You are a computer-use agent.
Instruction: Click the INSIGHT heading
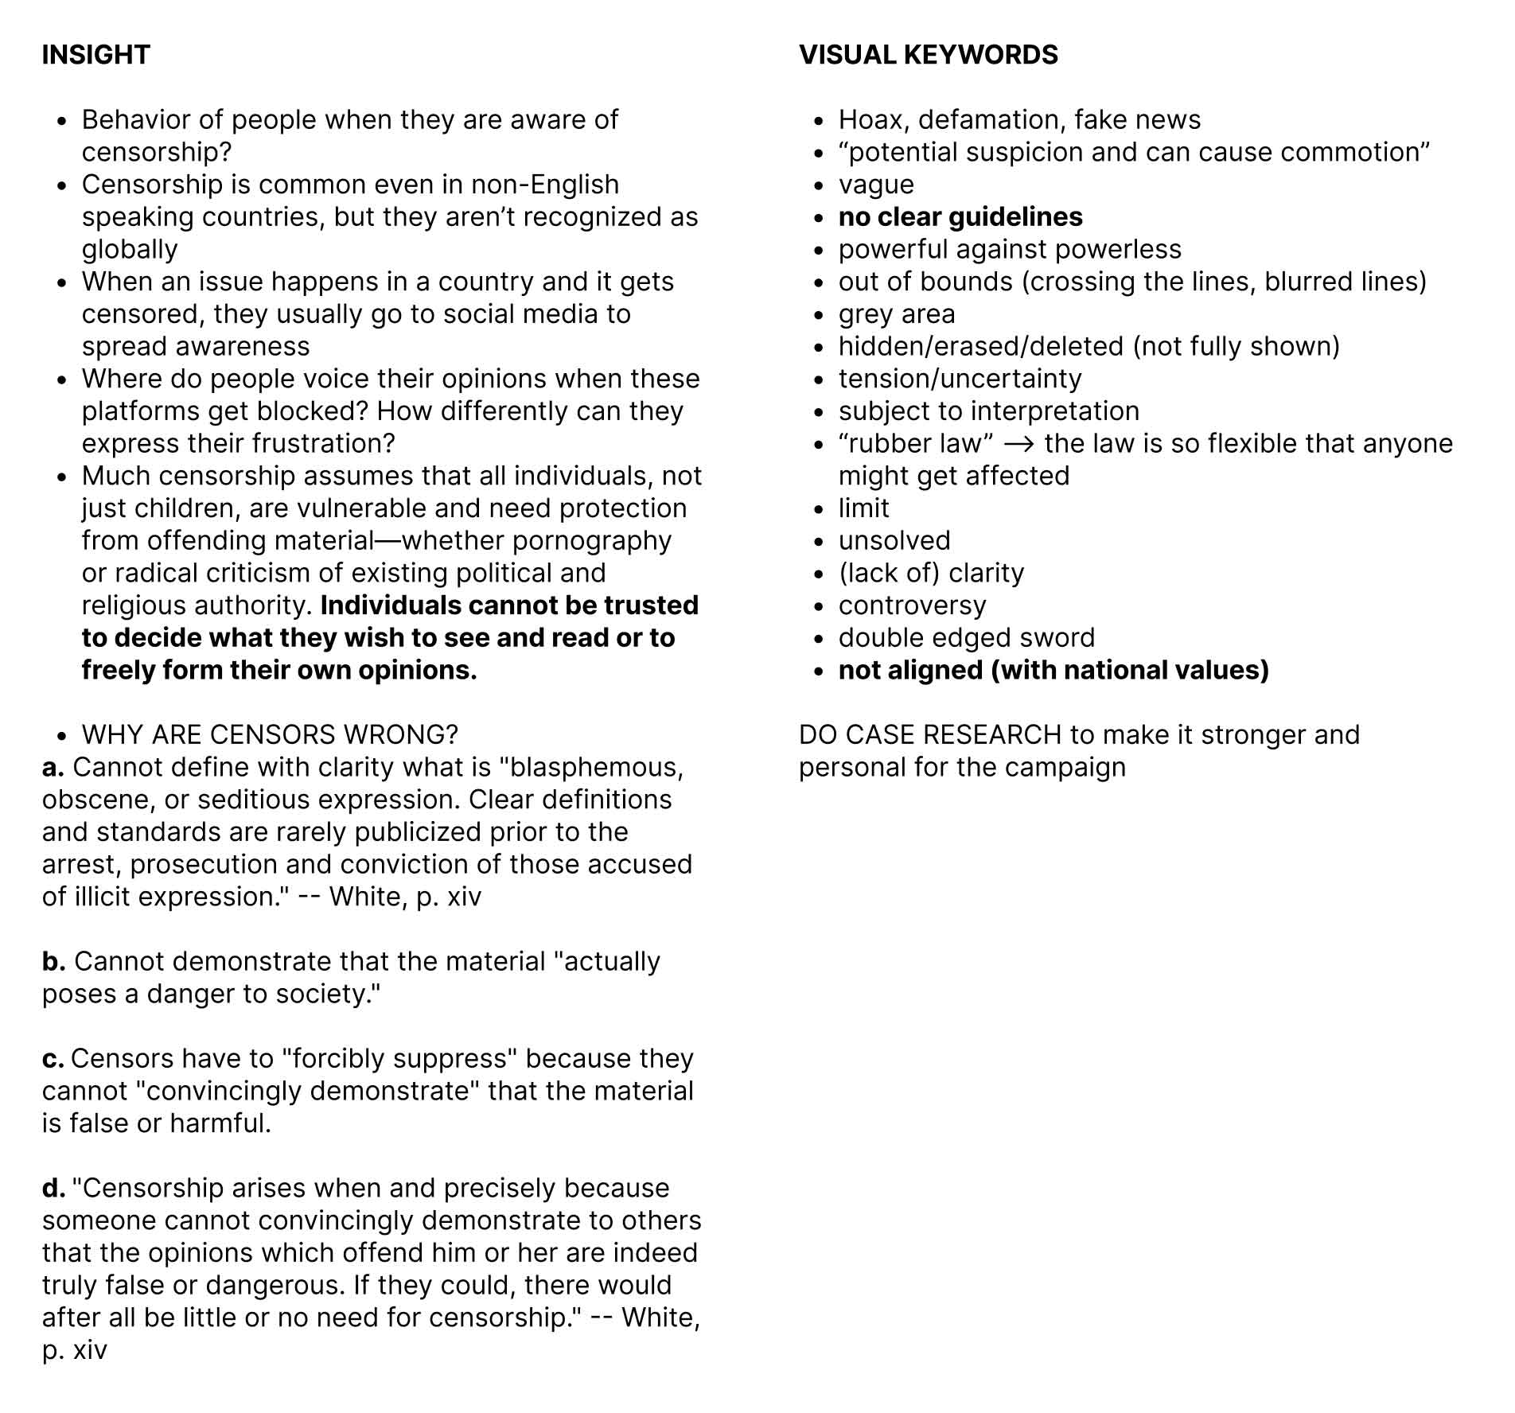tap(95, 55)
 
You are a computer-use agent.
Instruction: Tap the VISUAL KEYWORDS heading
tap(928, 55)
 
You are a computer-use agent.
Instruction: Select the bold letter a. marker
tap(53, 767)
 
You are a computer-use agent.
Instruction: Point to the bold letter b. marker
tap(54, 961)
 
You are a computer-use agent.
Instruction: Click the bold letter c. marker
tap(53, 1059)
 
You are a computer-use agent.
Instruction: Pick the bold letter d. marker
tap(54, 1188)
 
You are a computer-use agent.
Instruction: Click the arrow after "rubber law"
tap(1019, 444)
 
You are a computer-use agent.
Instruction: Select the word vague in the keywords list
tap(876, 185)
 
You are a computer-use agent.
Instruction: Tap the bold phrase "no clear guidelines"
tap(960, 217)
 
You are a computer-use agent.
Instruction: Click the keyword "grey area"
tap(897, 314)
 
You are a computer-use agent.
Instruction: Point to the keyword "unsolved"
tap(894, 541)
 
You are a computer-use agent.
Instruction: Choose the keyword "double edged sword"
tap(967, 638)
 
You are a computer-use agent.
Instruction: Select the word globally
tap(130, 250)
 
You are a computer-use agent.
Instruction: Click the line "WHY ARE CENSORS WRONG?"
tap(270, 734)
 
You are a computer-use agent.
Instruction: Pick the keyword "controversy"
tap(912, 605)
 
